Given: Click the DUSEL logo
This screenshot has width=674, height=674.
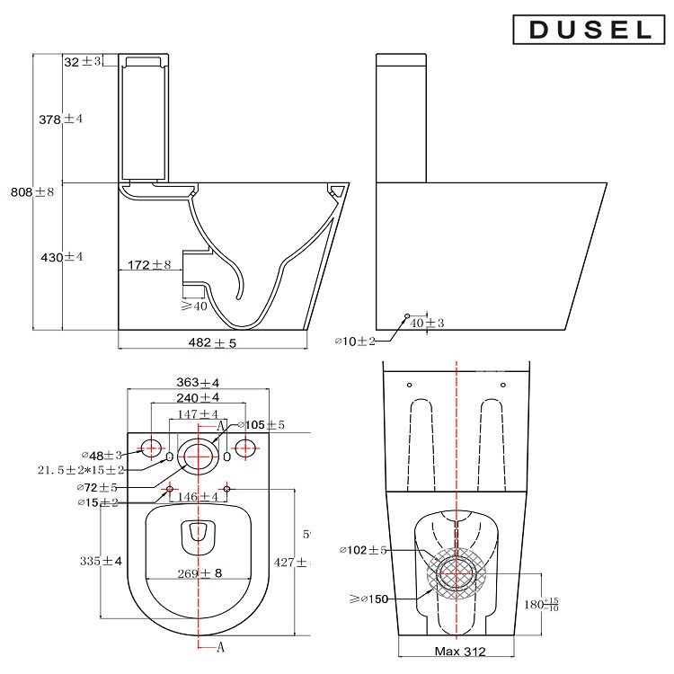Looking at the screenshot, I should [x=590, y=30].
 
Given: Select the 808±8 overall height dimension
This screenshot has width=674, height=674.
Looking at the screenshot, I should [x=32, y=191].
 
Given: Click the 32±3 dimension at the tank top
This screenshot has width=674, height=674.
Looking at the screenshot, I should [x=83, y=61].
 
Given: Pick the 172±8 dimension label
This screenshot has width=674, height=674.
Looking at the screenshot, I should [x=149, y=264].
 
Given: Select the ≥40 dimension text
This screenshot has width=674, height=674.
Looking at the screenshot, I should [x=193, y=306].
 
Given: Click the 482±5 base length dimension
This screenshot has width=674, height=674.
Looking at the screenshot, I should [x=212, y=343].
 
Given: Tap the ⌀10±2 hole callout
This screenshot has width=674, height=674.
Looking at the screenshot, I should [x=354, y=341].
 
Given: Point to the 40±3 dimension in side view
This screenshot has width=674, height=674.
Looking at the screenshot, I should [x=427, y=323].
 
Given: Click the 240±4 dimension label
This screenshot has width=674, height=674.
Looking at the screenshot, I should [x=198, y=397].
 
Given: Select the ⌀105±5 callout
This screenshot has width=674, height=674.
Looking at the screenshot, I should [x=261, y=424].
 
